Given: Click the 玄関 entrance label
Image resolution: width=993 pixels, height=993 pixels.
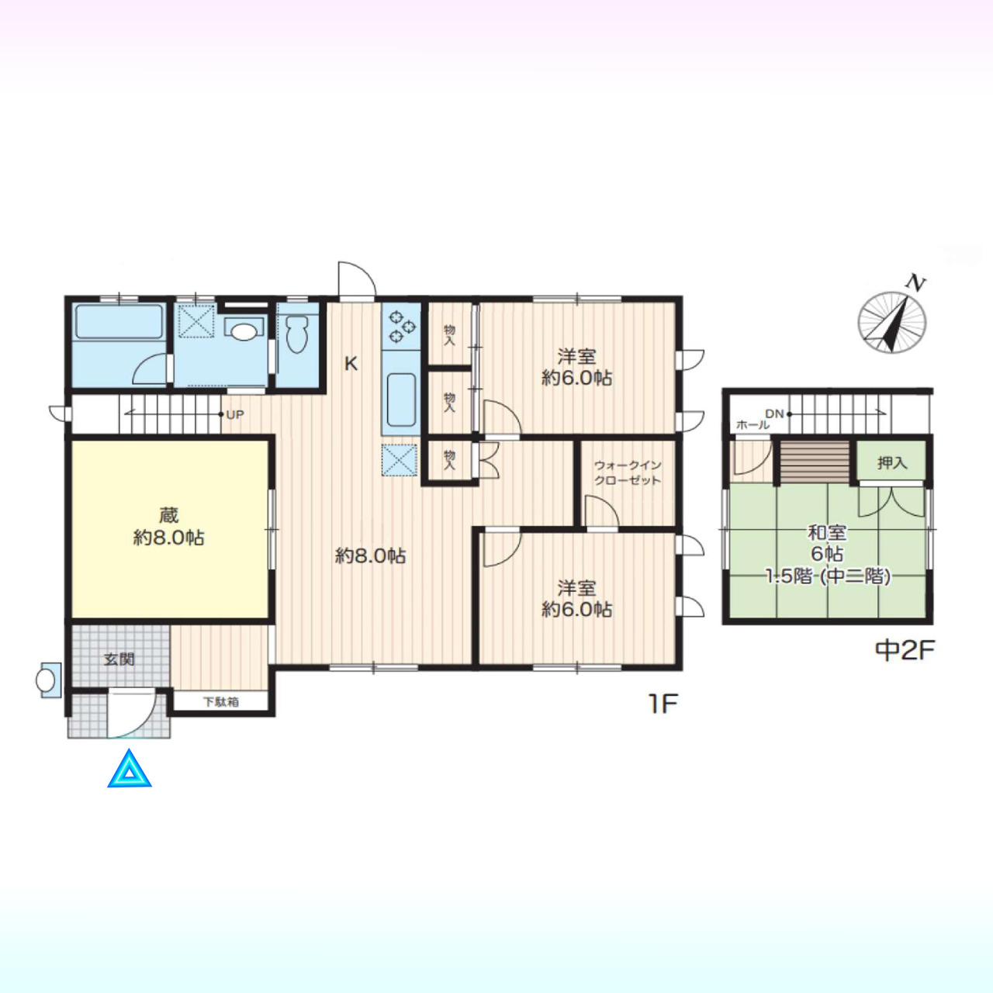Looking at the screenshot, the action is pos(119,659).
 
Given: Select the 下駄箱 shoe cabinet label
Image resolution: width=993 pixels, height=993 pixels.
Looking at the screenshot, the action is pos(220,701).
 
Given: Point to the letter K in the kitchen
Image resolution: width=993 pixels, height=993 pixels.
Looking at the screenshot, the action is pos(351,365).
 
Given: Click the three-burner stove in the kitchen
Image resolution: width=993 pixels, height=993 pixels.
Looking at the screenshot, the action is pos(402,326).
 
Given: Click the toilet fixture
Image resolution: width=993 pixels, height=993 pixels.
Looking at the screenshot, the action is pos(297,334).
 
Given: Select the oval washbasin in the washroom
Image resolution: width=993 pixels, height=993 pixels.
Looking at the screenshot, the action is pos(244,331).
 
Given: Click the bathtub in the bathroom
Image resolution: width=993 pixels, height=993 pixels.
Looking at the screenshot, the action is pos(119,321).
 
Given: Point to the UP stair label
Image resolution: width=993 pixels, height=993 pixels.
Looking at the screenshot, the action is pos(235,415).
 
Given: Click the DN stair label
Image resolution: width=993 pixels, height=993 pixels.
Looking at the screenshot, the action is pos(774,413).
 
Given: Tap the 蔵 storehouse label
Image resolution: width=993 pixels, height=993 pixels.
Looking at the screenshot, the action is pos(168,515).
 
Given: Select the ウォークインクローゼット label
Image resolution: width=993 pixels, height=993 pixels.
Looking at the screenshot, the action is pos(627,473).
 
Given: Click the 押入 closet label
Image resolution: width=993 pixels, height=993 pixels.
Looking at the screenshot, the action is pos(892,463).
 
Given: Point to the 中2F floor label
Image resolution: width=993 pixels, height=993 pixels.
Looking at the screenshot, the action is pos(905,650).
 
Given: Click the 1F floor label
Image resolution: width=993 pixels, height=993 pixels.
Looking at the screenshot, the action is pos(662,704).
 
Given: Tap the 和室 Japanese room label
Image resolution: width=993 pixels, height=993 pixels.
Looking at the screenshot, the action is pos(827,532).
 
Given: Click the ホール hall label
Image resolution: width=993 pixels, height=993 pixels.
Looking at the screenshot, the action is pos(753,425).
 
